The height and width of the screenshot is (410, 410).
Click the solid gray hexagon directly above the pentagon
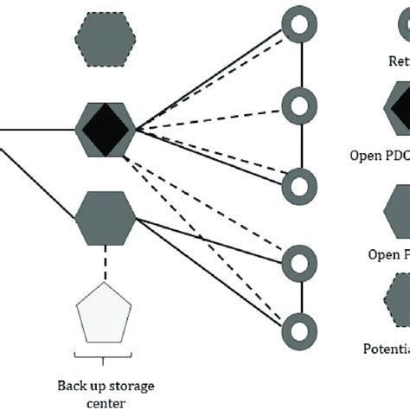[106, 218]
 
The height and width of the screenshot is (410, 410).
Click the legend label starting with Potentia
[385, 349]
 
